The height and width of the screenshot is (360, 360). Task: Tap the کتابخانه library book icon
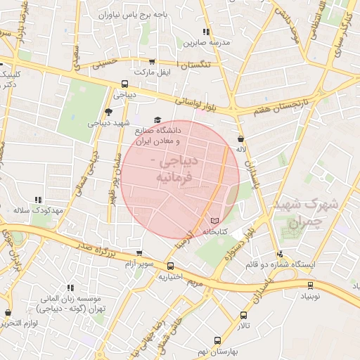214,221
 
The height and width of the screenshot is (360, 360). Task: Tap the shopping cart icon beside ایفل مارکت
153,62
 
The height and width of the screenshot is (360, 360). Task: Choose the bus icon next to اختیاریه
171,266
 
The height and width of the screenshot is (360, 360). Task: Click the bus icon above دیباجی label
124,83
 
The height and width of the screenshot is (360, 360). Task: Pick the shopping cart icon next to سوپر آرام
139,253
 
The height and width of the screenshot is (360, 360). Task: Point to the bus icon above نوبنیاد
310,285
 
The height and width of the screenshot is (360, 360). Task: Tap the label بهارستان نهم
214,349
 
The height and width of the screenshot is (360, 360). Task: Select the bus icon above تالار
244,316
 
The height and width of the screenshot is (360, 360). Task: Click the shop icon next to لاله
242,139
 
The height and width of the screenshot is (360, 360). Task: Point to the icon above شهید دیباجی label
108,111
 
